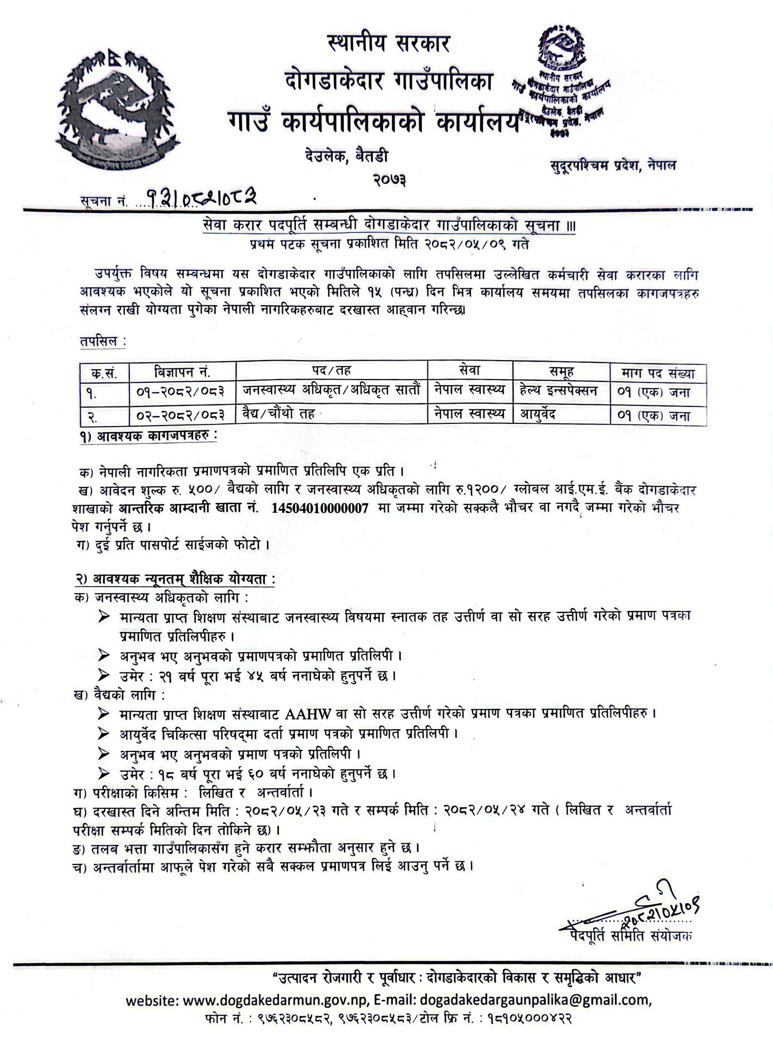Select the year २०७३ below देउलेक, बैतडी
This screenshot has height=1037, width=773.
tap(388, 179)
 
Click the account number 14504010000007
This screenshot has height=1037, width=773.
tap(320, 508)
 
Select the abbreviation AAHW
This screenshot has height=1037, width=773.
tap(308, 714)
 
